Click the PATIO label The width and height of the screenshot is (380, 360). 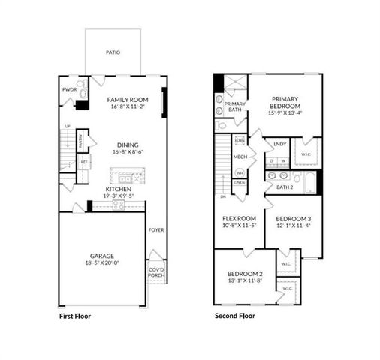coord(113,52)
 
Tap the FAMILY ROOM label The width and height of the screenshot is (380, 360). coord(128,99)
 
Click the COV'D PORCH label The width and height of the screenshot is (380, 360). coord(156,272)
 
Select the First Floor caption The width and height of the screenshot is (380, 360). coord(75,316)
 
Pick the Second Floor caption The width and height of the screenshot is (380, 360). coord(235,316)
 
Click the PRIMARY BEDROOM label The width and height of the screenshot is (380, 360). coord(285,102)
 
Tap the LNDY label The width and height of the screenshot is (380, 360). coord(279,143)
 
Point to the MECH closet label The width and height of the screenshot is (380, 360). coord(240,157)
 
